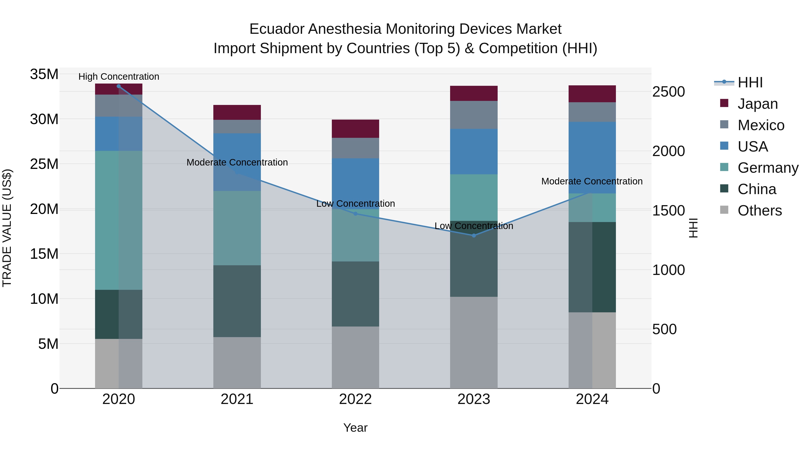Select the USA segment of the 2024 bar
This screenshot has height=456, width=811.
(x=592, y=157)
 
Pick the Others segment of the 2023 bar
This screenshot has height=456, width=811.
(x=474, y=342)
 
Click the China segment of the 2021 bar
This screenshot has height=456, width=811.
(x=237, y=301)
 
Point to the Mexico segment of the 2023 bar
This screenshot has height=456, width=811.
(x=474, y=115)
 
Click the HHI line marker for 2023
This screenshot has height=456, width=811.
(x=474, y=235)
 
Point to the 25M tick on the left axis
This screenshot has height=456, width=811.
(x=44, y=164)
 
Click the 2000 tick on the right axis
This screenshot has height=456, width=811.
(x=668, y=151)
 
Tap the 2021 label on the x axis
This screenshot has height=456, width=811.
(x=237, y=399)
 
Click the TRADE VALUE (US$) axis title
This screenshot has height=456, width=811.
(x=7, y=228)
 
